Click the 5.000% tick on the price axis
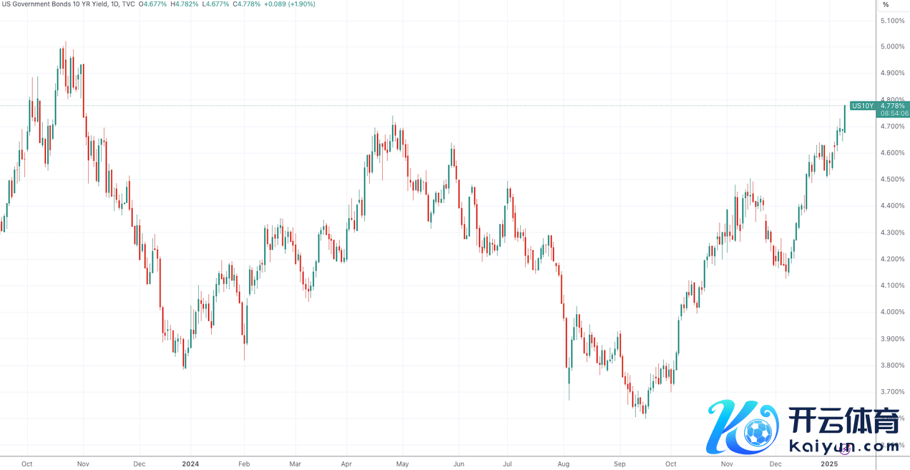tap(893, 46)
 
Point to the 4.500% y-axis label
tap(893, 180)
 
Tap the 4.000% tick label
tap(893, 312)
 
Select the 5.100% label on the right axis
tap(893, 20)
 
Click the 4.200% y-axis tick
tap(893, 259)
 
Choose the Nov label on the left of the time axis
tap(82, 464)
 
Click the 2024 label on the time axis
tap(191, 464)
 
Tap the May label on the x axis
tap(402, 464)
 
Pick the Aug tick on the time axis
tap(563, 464)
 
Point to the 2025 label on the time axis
tap(829, 464)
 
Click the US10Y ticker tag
tap(863, 106)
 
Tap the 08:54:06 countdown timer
tap(894, 114)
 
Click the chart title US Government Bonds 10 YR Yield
tap(50, 4)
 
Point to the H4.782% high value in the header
tap(185, 4)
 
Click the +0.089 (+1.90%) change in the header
tap(289, 4)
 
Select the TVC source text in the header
tap(128, 4)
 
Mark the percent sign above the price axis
tap(886, 4)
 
